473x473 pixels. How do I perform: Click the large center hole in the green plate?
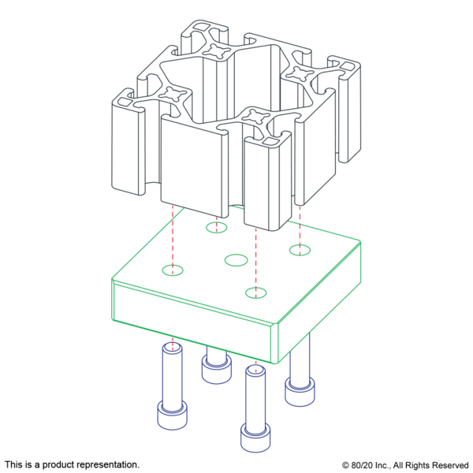[236, 260]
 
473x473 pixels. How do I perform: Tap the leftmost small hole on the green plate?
[173, 270]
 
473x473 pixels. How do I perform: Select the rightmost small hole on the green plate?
[300, 250]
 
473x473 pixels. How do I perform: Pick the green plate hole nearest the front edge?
[255, 292]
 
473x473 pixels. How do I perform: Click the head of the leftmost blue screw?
[172, 415]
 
